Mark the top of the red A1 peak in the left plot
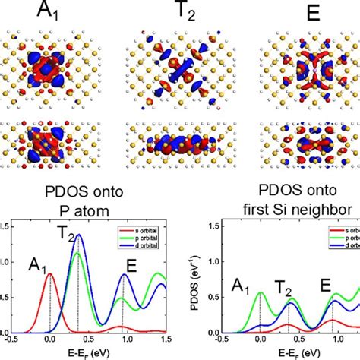[x=50, y=275]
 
